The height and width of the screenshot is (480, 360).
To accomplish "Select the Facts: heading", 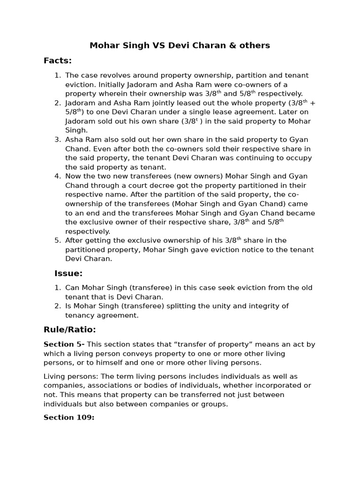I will pyautogui.click(x=58, y=60).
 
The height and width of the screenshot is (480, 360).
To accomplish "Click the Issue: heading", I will pyautogui.click(x=68, y=273).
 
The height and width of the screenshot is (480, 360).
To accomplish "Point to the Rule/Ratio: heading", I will pyautogui.click(x=70, y=330).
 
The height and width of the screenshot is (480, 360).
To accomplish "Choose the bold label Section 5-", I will pyautogui.click(x=64, y=345).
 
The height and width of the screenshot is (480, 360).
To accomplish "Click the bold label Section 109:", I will pyautogui.click(x=69, y=417).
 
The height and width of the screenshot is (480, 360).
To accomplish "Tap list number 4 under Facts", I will pyautogui.click(x=58, y=176).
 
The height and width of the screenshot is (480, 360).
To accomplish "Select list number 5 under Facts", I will pyautogui.click(x=58, y=240).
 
